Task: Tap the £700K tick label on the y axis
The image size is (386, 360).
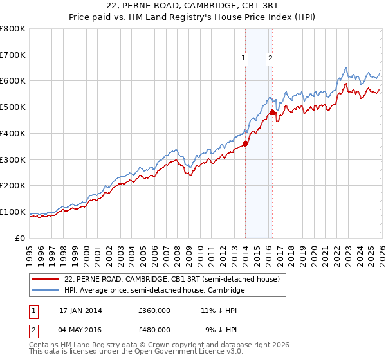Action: (13, 55)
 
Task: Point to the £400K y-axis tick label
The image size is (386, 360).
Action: (13, 134)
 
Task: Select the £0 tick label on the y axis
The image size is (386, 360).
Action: (20, 238)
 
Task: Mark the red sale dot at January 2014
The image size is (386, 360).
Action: (245, 144)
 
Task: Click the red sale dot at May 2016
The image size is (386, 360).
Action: (271, 113)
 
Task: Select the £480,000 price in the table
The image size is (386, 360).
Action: (154, 329)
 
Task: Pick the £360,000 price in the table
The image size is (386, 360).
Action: (154, 310)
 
